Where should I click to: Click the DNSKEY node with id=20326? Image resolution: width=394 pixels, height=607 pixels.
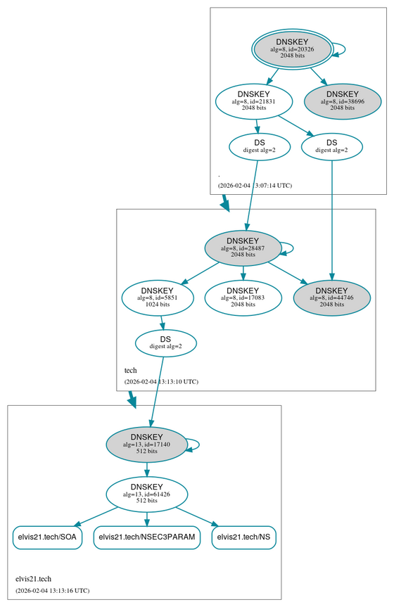click(292, 49)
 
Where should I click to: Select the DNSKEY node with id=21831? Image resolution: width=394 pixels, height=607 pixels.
click(253, 101)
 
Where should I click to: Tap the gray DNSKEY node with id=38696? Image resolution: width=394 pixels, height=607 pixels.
click(343, 101)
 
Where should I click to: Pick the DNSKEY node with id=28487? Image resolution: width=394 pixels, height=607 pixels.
click(243, 248)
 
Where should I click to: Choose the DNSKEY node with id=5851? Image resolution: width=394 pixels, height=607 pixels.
click(157, 297)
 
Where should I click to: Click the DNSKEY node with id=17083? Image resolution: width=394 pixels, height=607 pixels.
click(243, 297)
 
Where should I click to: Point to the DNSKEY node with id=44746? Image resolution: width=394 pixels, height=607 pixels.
click(331, 297)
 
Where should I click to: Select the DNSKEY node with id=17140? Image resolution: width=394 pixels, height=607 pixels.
click(146, 444)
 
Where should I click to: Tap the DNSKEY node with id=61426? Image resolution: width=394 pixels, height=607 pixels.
click(146, 493)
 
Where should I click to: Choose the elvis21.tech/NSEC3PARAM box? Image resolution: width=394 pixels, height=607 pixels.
click(146, 537)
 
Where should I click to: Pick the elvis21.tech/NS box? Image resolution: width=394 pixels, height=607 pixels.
click(243, 537)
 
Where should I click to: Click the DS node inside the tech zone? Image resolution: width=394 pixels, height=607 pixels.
click(165, 343)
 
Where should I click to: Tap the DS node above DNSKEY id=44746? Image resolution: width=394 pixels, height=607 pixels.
click(331, 146)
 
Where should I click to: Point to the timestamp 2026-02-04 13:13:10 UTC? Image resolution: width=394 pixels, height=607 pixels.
click(161, 382)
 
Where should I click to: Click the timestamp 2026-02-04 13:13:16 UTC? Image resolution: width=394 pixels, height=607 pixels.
click(52, 590)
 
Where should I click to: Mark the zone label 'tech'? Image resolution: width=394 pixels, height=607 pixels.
click(131, 370)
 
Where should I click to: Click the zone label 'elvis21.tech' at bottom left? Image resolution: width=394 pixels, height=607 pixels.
click(34, 578)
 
